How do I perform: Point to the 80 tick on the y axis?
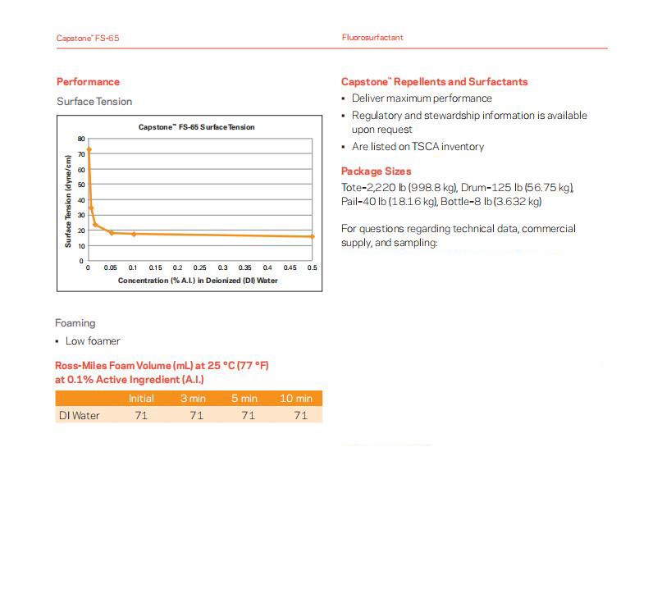point(81,139)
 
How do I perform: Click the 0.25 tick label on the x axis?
point(200,267)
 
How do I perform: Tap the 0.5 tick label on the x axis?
point(312,267)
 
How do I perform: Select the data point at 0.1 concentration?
point(134,234)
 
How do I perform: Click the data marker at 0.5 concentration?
point(313,236)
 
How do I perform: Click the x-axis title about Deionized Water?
point(198,280)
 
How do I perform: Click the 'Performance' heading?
point(88,81)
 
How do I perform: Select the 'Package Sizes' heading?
point(377,171)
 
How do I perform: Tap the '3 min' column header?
point(194,399)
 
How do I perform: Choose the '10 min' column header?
point(296,399)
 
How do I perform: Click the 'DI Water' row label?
point(79,416)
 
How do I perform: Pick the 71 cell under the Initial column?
point(141,416)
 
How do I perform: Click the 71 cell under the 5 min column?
point(248,416)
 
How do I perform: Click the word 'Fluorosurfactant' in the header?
point(372,38)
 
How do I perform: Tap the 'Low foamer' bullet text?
point(93,341)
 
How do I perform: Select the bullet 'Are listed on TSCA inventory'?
point(418,147)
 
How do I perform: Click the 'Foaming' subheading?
point(75,323)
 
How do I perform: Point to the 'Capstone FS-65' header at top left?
point(82,39)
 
